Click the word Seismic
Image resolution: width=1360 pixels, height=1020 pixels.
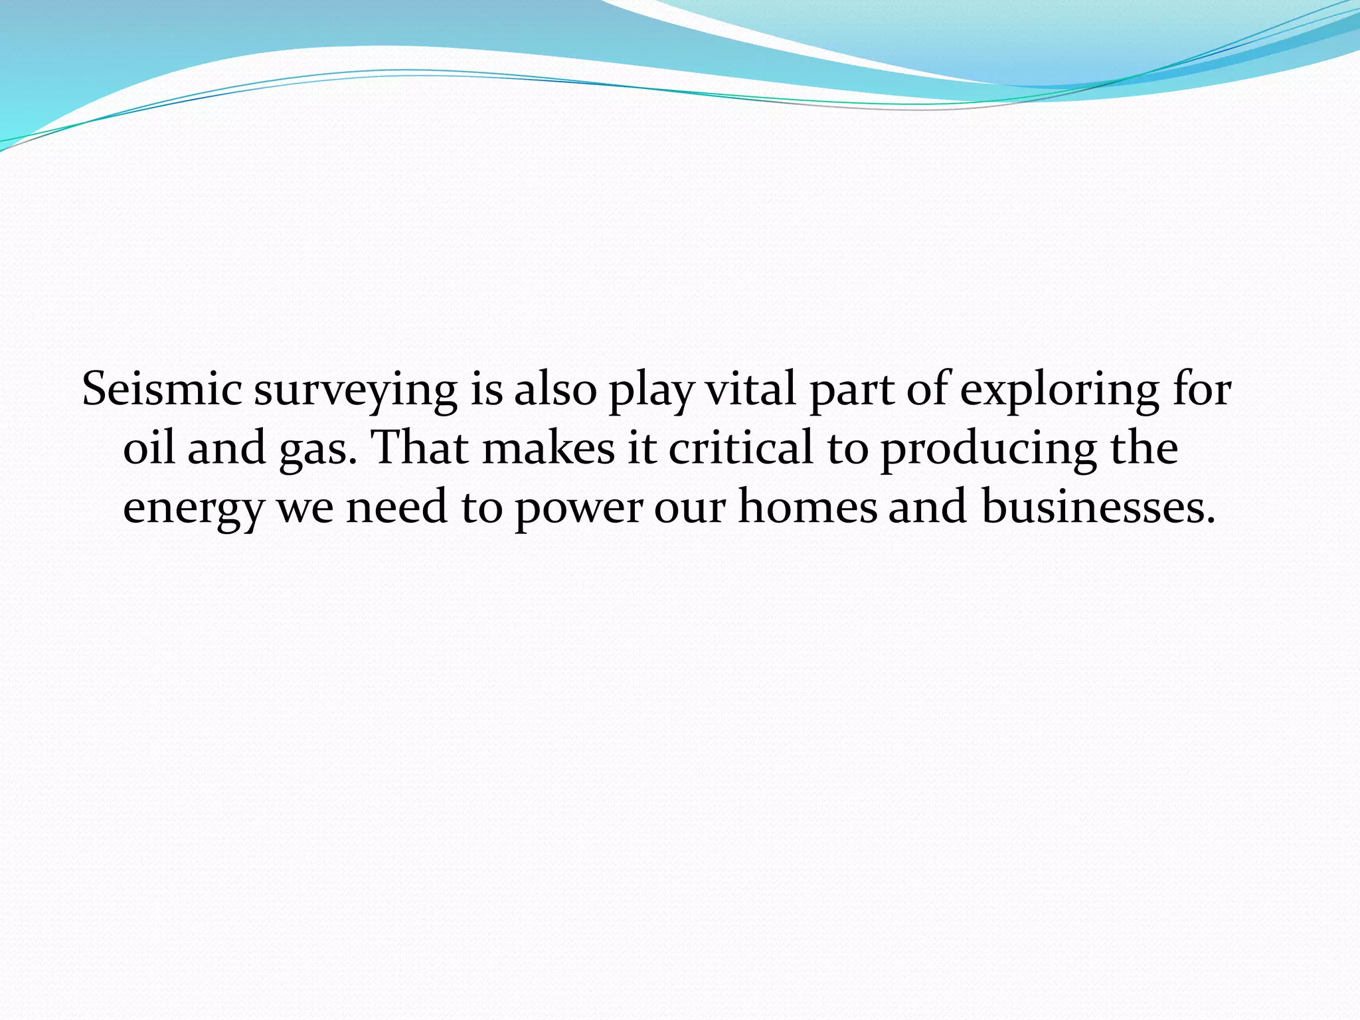coord(161,389)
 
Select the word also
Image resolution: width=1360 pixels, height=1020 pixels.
coord(555,389)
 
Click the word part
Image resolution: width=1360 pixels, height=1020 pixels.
coord(851,392)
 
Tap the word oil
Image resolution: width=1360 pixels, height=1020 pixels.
coord(149,448)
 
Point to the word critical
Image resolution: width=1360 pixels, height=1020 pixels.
coord(740,448)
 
